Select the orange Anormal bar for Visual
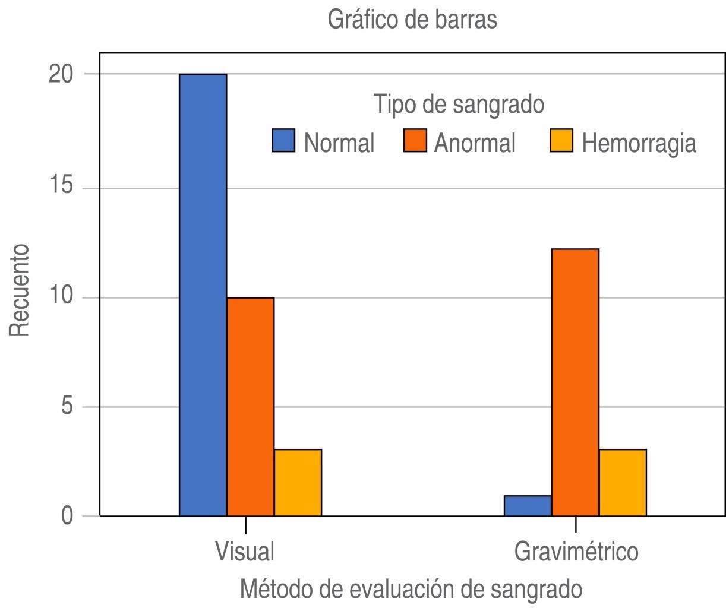click(x=250, y=407)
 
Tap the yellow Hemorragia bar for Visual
click(x=298, y=483)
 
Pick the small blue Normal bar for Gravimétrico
click(x=528, y=506)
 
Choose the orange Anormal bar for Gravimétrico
click(x=575, y=382)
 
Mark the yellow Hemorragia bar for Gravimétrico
click(x=623, y=483)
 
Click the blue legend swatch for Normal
click(x=283, y=141)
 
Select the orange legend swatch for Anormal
click(x=415, y=141)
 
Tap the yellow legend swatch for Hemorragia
click(x=561, y=141)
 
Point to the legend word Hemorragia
click(x=639, y=143)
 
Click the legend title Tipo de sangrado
click(x=459, y=104)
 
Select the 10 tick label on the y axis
click(x=60, y=297)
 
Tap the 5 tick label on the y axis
click(x=67, y=407)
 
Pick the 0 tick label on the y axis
click(x=67, y=516)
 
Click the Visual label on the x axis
click(x=245, y=551)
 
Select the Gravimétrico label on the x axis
click(x=576, y=552)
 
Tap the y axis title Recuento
click(x=20, y=289)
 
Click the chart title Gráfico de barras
click(x=412, y=20)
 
